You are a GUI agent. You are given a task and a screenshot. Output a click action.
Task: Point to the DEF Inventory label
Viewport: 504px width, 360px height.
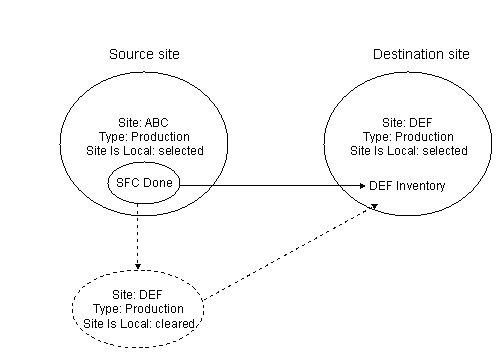point(407,186)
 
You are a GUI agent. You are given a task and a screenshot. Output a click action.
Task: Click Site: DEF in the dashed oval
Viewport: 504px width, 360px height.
point(138,295)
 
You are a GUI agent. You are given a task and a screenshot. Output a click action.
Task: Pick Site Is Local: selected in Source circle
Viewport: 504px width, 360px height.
point(145,151)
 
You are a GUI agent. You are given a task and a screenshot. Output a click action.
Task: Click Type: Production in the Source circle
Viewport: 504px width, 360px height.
point(145,137)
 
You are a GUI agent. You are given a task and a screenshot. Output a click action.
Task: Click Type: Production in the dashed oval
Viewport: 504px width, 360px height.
point(139,309)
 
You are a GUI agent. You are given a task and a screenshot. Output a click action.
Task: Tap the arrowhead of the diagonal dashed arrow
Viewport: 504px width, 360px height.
point(376,205)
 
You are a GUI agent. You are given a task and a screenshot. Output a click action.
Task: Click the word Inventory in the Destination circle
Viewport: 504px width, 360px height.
point(420,186)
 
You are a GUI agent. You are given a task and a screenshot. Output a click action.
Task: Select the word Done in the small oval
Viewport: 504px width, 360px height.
point(157,185)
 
